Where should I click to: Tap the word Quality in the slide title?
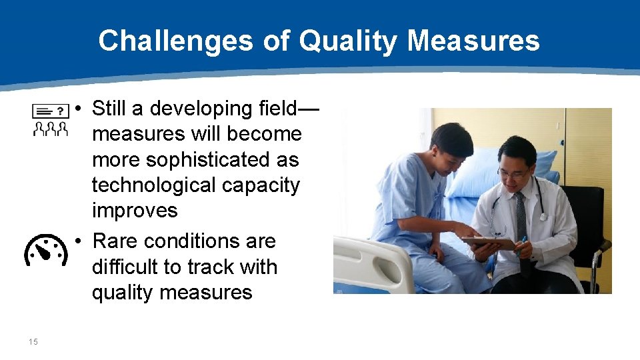pos(348,41)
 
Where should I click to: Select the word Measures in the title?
pos(473,41)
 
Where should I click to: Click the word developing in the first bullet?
pos(195,109)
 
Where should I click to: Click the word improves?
pos(135,211)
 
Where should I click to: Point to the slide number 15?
pos(33,342)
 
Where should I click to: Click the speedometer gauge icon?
pos(46,249)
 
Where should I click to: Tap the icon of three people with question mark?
pos(51,120)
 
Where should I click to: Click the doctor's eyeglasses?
pos(512,173)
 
